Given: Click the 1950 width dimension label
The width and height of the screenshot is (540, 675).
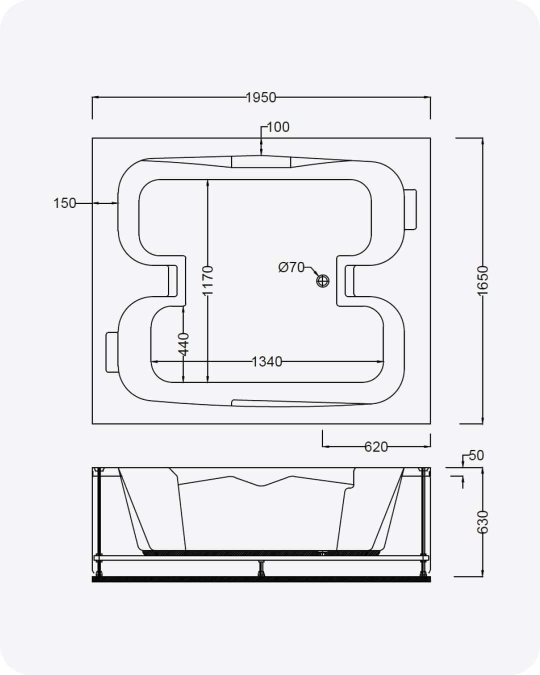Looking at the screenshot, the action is point(260,97).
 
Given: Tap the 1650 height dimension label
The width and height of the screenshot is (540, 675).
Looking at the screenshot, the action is point(482,280).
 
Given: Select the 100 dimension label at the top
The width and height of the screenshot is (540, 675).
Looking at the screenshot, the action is point(278,127).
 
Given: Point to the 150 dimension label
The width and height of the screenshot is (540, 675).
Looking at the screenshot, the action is point(64,203).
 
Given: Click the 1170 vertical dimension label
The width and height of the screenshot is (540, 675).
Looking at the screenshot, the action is point(207,281).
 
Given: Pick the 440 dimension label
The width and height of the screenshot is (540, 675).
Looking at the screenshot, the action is point(183,344).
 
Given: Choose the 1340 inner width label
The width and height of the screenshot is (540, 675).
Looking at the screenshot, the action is point(267,362).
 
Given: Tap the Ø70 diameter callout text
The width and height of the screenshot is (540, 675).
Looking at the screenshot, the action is point(291,267).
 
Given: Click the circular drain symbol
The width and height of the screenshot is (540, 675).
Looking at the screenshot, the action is point(322,280).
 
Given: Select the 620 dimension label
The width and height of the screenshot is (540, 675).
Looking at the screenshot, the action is point(376,447).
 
